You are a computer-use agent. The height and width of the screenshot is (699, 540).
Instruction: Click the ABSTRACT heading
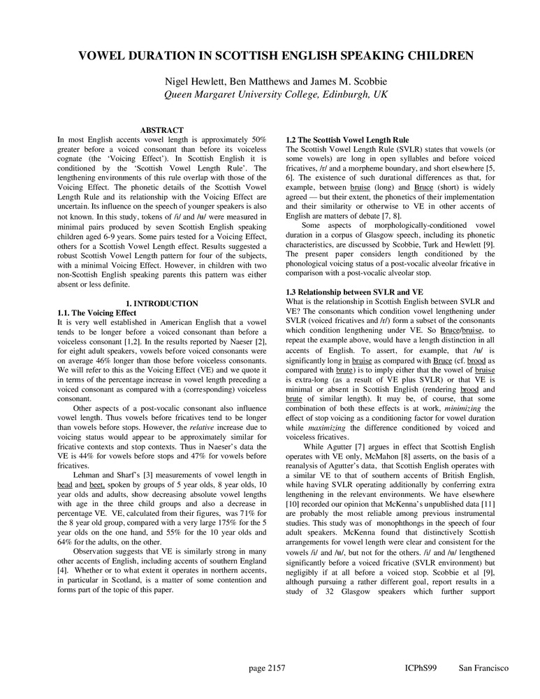click(x=161, y=130)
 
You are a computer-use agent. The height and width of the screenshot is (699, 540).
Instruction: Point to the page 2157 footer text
click(x=267, y=668)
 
